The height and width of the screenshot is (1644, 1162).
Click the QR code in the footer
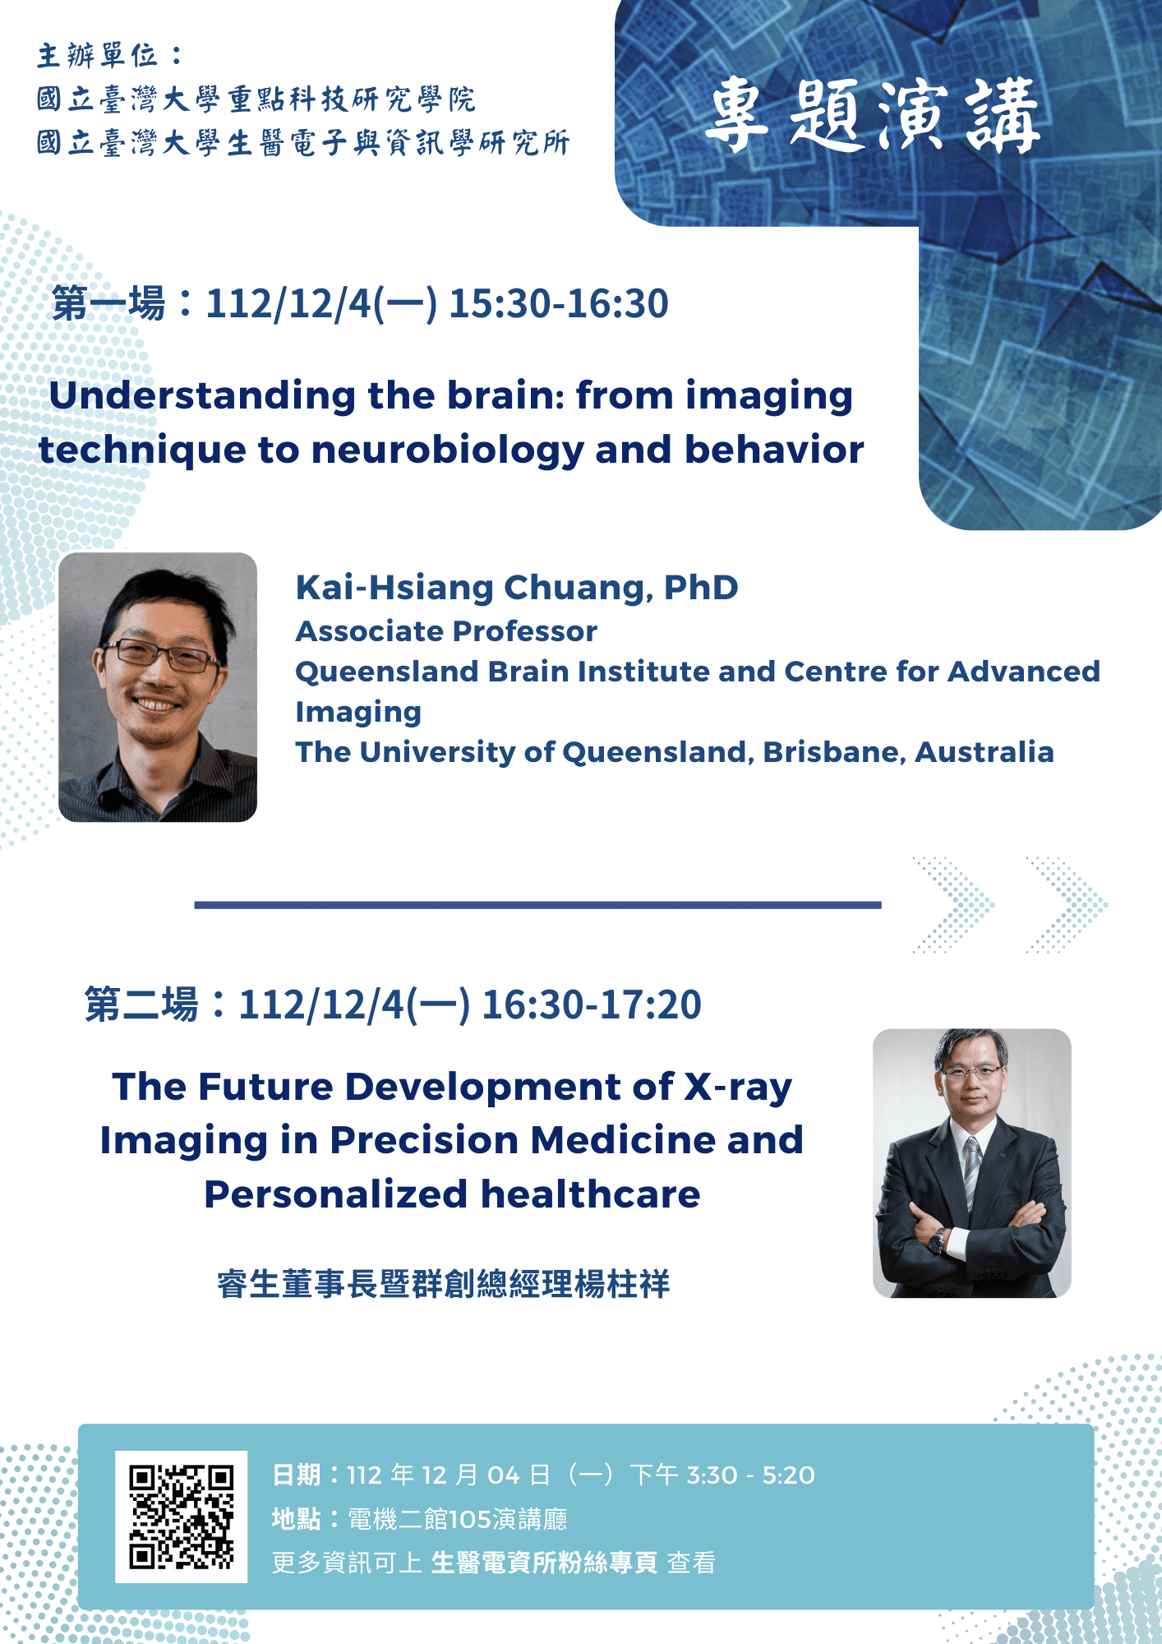(x=181, y=1517)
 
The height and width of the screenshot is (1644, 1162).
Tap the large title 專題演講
(x=873, y=116)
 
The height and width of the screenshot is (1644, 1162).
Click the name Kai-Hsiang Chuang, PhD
(x=517, y=588)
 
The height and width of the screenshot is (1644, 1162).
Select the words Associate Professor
(x=446, y=631)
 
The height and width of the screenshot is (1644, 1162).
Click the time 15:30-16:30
(x=559, y=303)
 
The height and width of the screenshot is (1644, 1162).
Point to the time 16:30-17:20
(x=592, y=1004)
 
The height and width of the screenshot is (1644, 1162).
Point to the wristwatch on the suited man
(x=937, y=1240)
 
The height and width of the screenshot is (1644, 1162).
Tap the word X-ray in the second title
(x=739, y=1088)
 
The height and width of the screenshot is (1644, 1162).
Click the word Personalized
(x=336, y=1194)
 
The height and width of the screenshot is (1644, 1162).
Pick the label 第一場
(x=108, y=303)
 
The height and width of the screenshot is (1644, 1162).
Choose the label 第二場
(x=141, y=1004)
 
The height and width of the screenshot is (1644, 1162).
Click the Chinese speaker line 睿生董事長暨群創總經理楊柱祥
(x=444, y=1283)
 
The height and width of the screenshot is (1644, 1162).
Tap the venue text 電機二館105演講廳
(x=458, y=1519)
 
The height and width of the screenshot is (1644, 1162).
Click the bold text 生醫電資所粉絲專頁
(x=544, y=1563)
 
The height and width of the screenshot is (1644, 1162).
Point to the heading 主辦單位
(x=98, y=56)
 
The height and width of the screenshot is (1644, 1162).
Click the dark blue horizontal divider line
(x=537, y=905)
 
